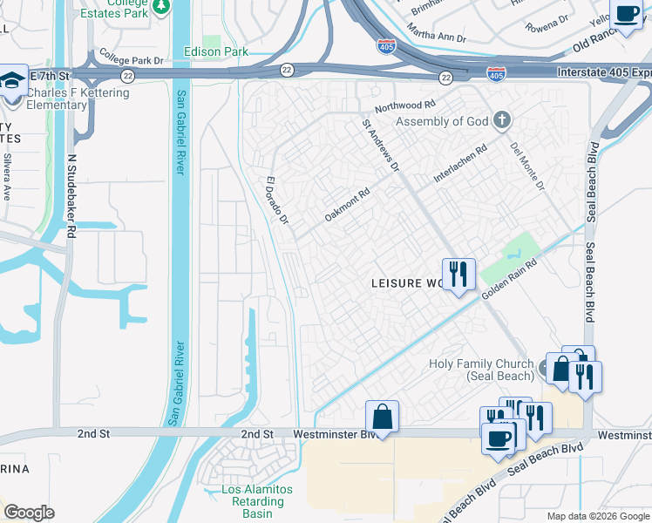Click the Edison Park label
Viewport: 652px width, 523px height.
216,52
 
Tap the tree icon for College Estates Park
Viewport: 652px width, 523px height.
161,7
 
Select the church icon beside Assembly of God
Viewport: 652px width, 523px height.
501,120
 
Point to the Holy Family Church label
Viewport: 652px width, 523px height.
480,370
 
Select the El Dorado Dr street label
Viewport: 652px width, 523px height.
277,200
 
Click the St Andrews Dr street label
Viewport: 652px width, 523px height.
380,145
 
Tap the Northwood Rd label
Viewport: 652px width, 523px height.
404,105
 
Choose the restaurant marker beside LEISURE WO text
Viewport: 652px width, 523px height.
458,275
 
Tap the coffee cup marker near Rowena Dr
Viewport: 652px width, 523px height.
626,13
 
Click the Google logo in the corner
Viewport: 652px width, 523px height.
29,513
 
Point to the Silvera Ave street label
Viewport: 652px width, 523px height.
6,177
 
